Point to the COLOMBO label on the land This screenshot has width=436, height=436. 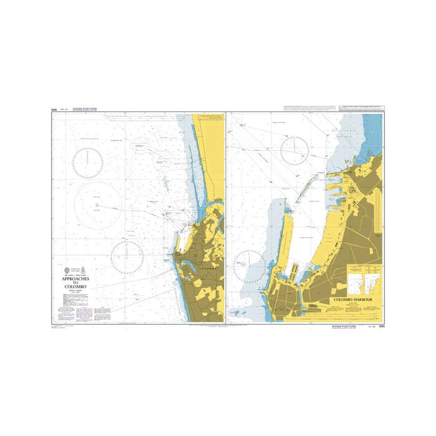click(x=205, y=267)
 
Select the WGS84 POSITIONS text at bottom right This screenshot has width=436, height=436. click(x=344, y=325)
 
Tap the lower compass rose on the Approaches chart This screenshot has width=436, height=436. click(x=128, y=257)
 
